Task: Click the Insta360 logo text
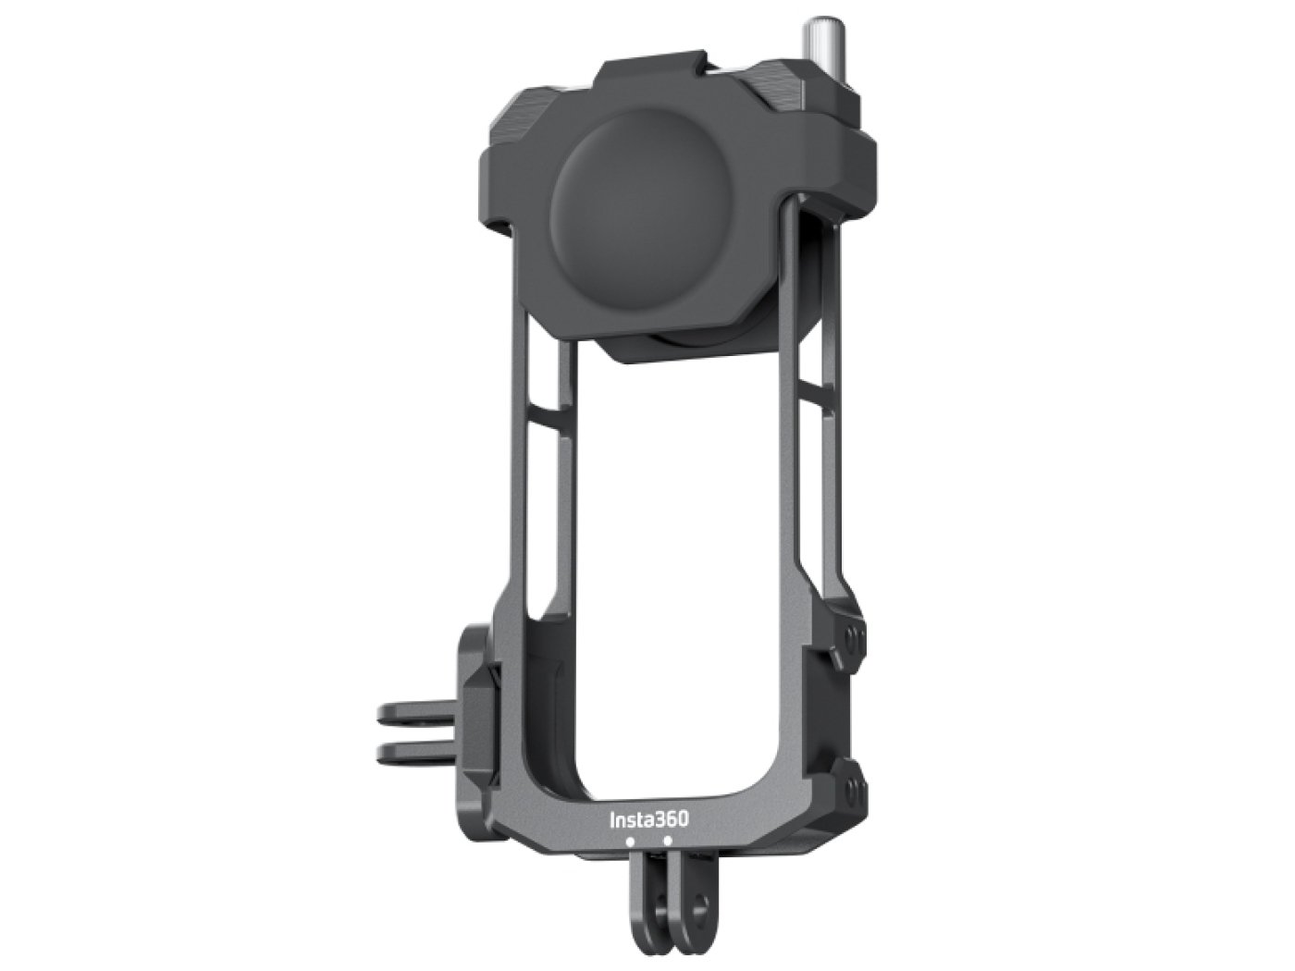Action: pos(648,819)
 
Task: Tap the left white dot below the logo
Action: pos(630,842)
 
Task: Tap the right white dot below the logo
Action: pos(667,842)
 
